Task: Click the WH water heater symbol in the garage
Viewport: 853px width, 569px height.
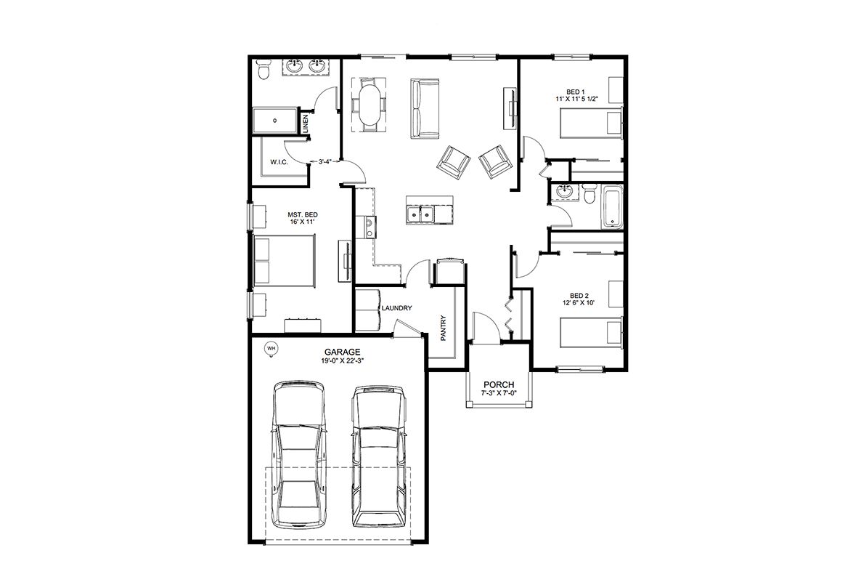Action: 270,347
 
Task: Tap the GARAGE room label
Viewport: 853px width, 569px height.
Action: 343,352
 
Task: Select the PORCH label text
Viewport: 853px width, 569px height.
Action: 499,384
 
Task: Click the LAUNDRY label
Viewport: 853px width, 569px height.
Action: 396,308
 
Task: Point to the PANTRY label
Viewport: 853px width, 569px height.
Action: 444,328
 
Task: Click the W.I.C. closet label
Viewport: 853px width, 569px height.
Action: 279,162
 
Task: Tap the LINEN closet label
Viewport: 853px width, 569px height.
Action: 305,124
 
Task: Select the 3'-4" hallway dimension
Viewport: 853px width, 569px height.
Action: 325,161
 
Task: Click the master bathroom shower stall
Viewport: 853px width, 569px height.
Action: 276,121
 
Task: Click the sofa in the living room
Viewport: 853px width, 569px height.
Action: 425,108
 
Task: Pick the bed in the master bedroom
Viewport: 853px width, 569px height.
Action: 285,259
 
